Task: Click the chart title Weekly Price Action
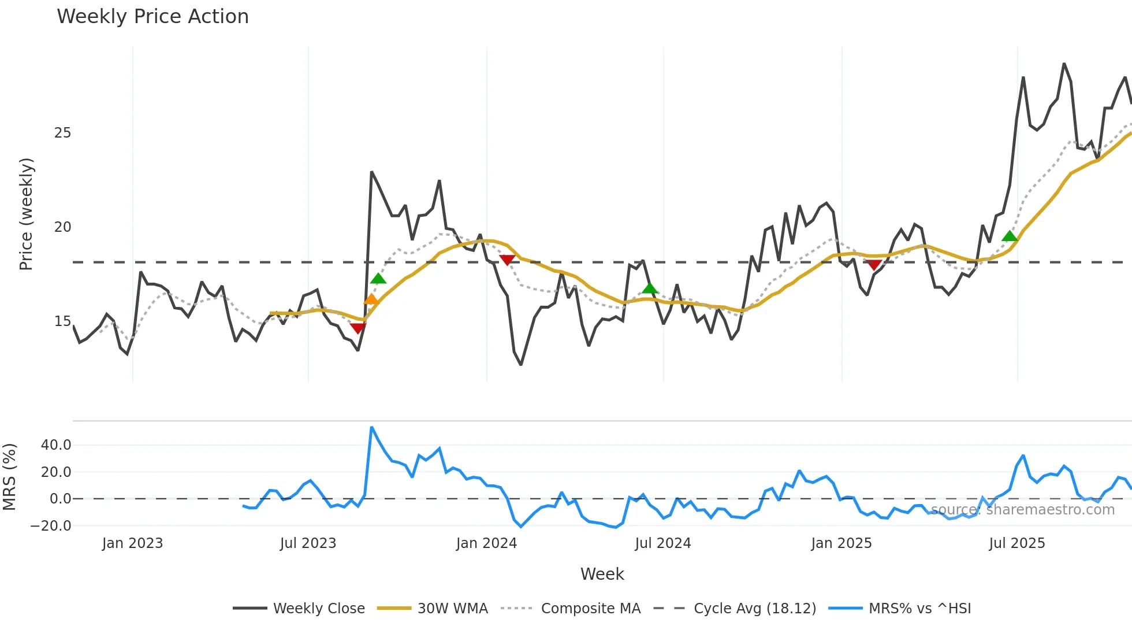(x=152, y=17)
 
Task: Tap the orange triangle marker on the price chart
(x=371, y=299)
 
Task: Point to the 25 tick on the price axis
(x=62, y=133)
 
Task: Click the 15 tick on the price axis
(x=62, y=321)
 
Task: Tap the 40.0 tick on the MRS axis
(x=56, y=445)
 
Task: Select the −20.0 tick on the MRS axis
(x=51, y=526)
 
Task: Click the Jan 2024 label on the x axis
(x=486, y=543)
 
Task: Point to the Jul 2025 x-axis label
(x=1016, y=543)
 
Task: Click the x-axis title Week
(x=602, y=574)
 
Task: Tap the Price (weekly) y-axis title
(x=27, y=214)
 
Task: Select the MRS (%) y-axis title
(x=10, y=477)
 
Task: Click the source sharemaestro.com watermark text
(x=1022, y=510)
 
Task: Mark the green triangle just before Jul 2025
(x=1010, y=236)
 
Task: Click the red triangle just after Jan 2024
(x=507, y=260)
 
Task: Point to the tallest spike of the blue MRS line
(x=371, y=428)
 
